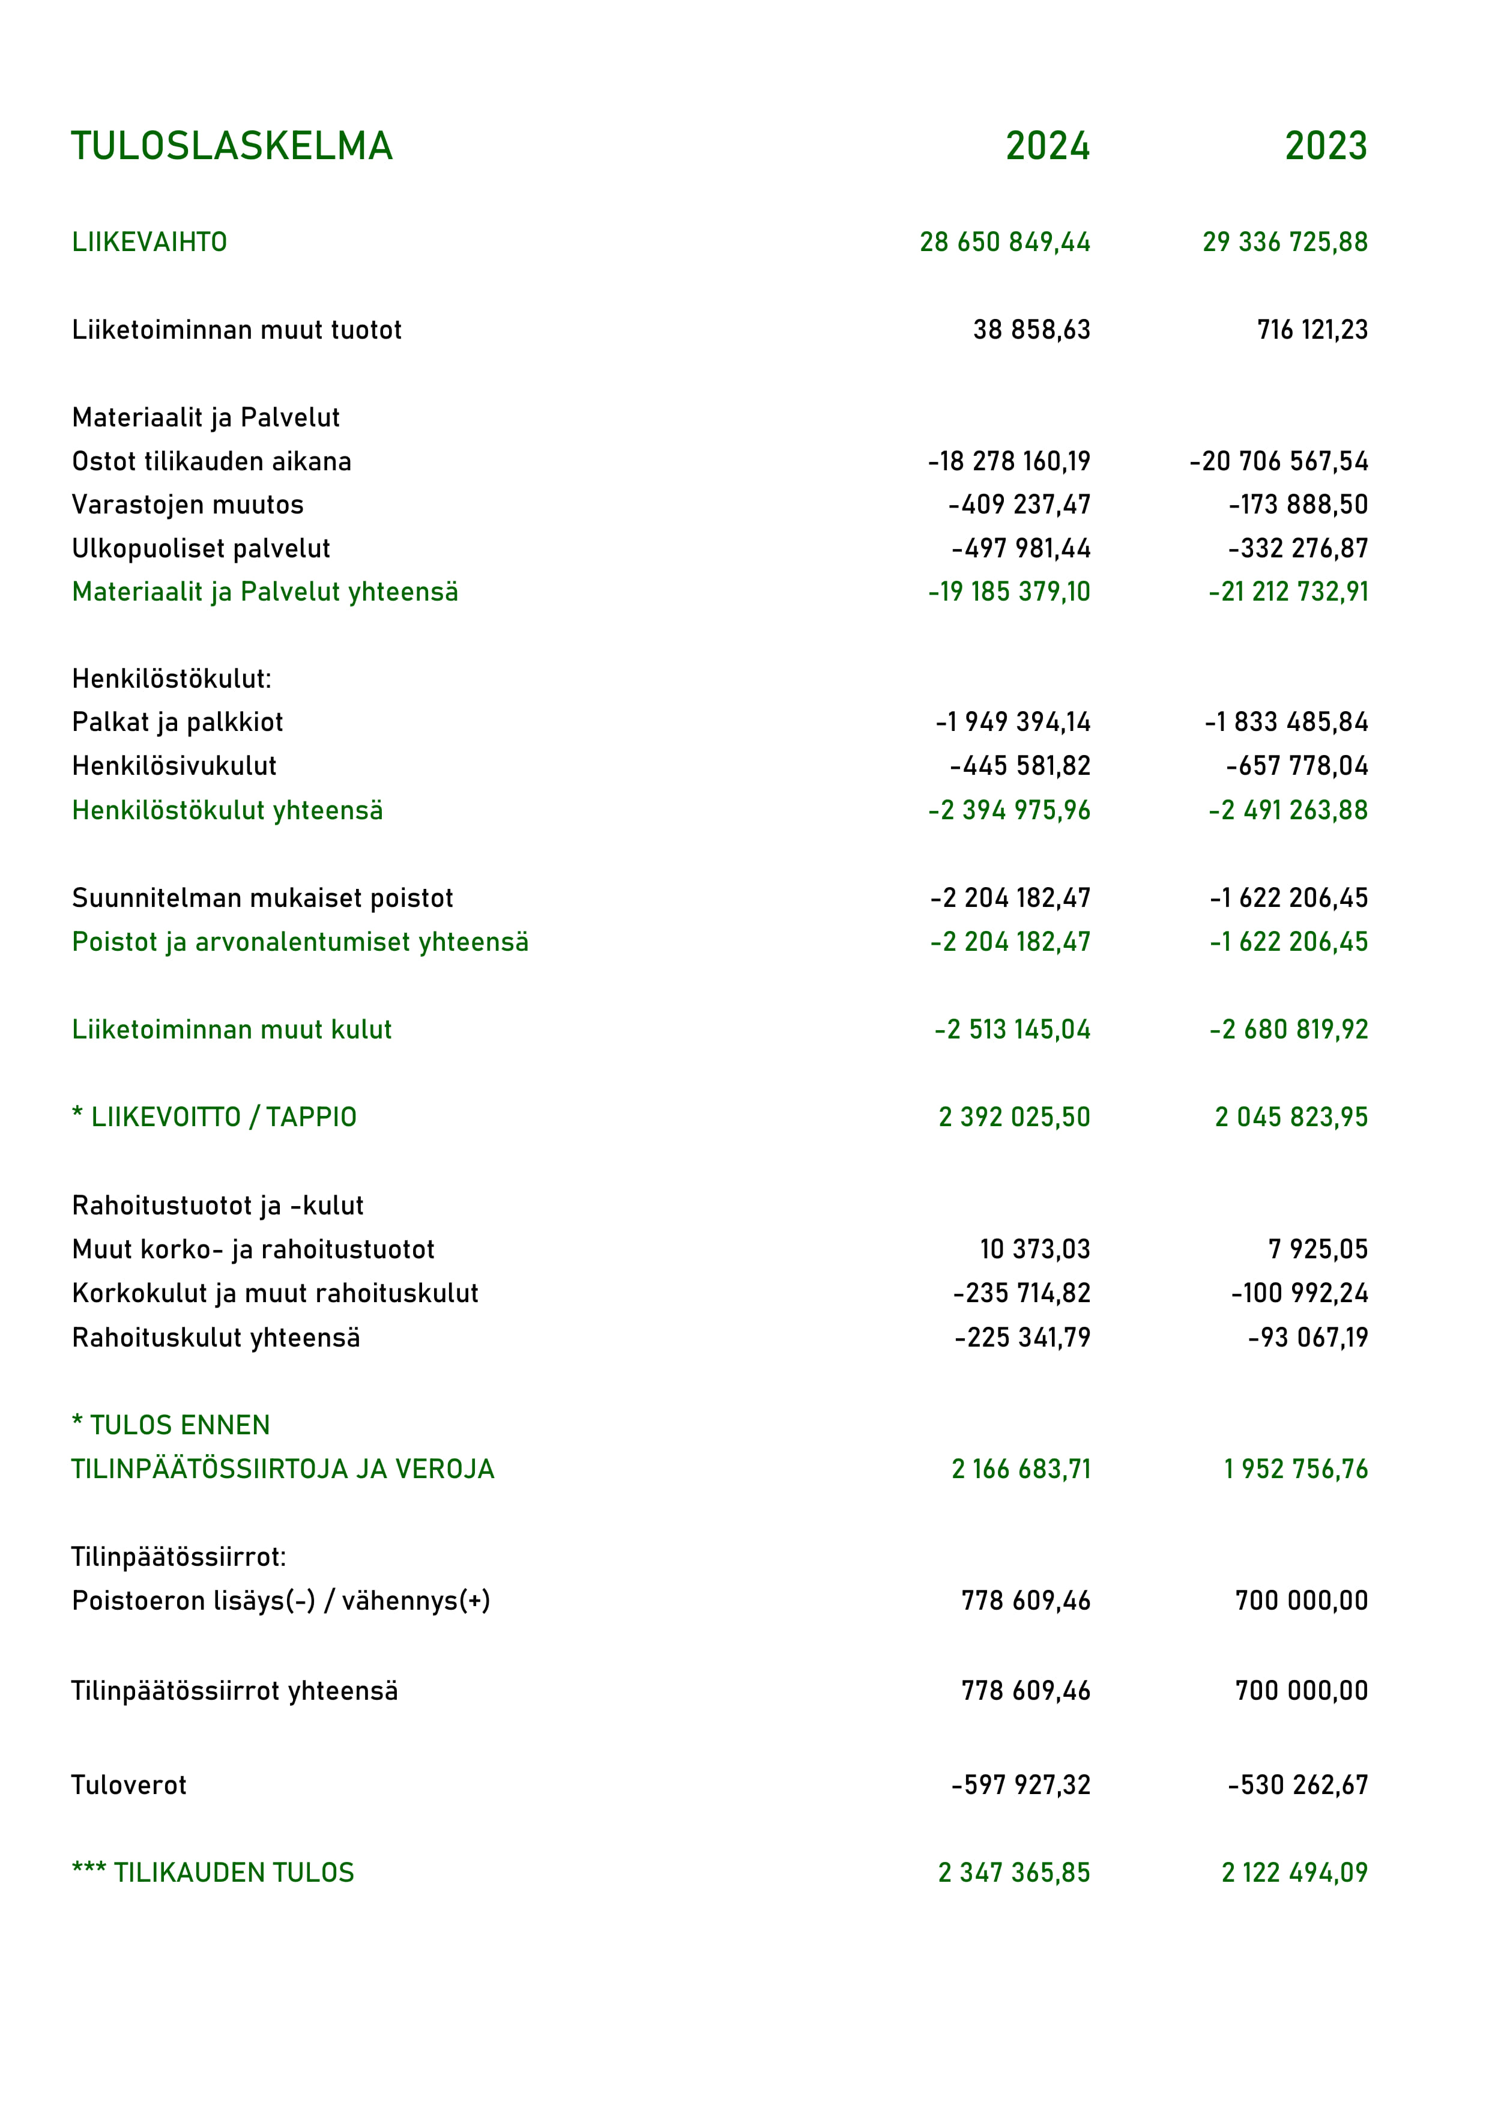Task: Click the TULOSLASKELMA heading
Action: click(232, 146)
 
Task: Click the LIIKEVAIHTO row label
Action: click(150, 242)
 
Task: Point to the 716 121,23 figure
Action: click(1312, 330)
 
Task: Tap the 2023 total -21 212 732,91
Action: click(1287, 592)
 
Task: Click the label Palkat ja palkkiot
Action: click(177, 722)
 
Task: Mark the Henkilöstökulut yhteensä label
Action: click(228, 810)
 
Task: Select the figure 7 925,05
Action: click(1317, 1249)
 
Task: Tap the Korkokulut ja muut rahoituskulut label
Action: click(275, 1293)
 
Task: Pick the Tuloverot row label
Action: click(128, 1785)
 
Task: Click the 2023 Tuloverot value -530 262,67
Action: click(1297, 1785)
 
